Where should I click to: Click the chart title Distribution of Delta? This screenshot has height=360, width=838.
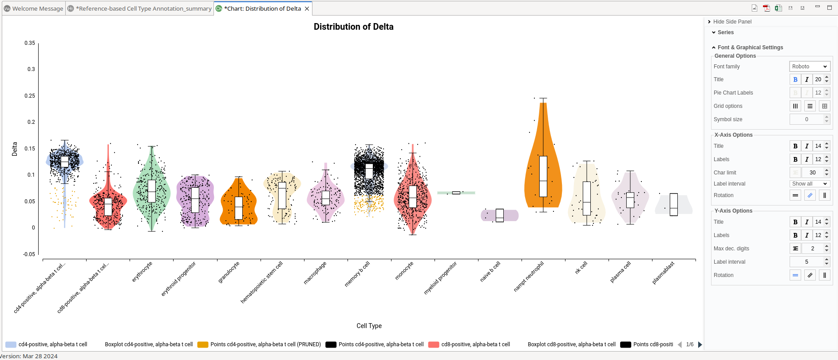(x=353, y=27)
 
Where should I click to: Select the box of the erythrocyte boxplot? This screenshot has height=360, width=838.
(x=152, y=191)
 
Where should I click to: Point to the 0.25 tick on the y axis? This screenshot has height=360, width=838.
(x=30, y=96)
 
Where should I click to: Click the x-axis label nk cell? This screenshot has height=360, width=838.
(x=581, y=267)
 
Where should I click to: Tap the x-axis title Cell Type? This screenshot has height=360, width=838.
(x=369, y=326)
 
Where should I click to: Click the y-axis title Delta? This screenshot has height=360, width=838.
(x=15, y=149)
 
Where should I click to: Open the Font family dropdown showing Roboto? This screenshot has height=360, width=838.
(x=810, y=67)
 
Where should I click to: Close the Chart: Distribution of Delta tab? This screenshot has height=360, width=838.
(x=307, y=8)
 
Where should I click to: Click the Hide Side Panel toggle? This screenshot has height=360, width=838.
(x=732, y=22)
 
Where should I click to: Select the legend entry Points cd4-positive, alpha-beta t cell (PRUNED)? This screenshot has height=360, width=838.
(x=265, y=344)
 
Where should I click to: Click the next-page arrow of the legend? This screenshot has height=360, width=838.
(x=700, y=344)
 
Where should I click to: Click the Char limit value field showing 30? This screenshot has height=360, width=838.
(x=812, y=173)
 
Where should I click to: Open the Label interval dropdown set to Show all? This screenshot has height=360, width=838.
(x=810, y=184)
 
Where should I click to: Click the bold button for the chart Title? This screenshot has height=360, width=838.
(x=795, y=79)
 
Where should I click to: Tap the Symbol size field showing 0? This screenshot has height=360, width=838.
(x=806, y=119)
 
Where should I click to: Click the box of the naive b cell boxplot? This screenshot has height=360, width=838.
(x=500, y=215)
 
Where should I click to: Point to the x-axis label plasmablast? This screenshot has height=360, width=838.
(x=663, y=273)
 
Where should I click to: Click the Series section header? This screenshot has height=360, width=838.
(x=725, y=32)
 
